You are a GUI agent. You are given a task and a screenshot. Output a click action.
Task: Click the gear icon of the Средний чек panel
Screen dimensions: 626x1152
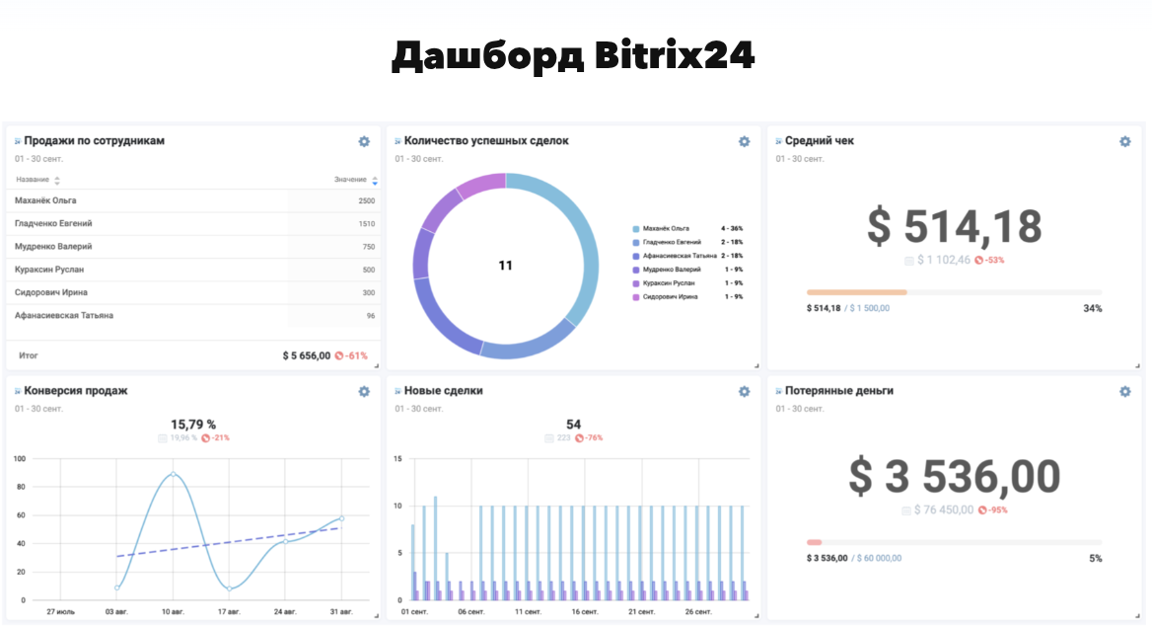pos(1124,141)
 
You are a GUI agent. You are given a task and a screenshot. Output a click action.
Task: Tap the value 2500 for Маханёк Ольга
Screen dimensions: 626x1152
pos(366,200)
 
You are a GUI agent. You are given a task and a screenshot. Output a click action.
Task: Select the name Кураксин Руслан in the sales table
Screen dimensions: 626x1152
pos(49,270)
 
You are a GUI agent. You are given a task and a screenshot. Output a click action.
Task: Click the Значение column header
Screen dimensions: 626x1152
pos(351,180)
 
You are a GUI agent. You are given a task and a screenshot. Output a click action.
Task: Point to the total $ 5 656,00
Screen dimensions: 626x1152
pos(306,355)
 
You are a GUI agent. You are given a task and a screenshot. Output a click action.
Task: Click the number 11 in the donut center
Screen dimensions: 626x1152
pos(505,266)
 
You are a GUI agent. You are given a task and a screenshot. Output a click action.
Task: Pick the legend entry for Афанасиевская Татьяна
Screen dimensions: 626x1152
pos(680,256)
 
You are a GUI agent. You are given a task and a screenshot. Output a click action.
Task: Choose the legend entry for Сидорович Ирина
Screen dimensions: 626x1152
pos(672,296)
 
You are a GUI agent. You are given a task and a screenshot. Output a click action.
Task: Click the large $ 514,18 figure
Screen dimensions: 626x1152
pos(954,226)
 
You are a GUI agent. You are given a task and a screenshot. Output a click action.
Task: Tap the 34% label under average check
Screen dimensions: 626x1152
pos(1092,309)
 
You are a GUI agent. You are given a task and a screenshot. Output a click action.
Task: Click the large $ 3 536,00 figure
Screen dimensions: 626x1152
pos(954,477)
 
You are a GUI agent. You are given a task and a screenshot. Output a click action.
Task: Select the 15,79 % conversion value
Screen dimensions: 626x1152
pos(193,425)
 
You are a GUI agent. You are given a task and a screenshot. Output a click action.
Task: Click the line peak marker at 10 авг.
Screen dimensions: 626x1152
pos(174,474)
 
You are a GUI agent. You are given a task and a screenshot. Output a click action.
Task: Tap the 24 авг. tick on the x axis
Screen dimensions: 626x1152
pos(286,612)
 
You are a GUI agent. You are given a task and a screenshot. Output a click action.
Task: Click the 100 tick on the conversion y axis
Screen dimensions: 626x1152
pos(19,459)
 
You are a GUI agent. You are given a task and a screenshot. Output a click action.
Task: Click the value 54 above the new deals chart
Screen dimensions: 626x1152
pos(573,425)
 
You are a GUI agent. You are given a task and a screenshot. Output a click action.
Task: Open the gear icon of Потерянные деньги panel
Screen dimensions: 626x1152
pos(1124,391)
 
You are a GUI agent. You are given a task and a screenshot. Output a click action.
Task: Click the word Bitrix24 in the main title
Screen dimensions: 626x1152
pos(676,56)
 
